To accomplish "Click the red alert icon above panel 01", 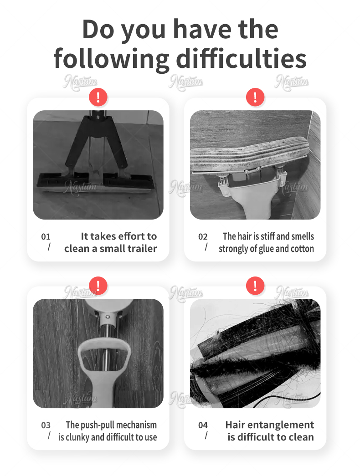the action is [98, 97].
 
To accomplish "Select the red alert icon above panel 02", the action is [255, 97].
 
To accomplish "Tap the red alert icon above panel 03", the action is [98, 286].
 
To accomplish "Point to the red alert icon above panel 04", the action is [255, 286].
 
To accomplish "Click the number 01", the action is [46, 236].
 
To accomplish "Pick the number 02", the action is [203, 236].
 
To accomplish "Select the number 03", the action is [46, 425].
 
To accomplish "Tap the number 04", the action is [203, 425].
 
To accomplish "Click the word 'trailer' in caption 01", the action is [143, 249].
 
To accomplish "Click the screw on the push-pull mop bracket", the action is [107, 317].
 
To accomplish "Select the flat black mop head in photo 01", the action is [94, 182].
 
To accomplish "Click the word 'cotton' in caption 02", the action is [302, 249].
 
